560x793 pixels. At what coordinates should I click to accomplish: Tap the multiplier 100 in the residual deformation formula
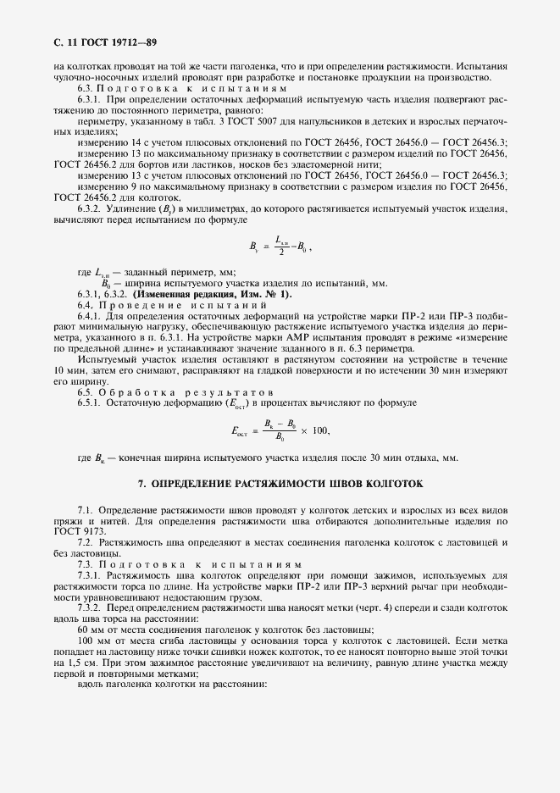(320, 430)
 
